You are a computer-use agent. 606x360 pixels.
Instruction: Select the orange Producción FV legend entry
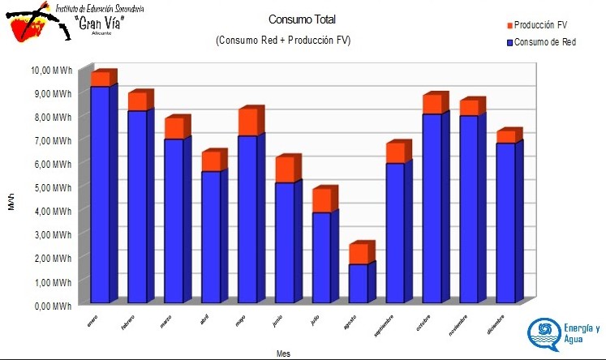coord(539,26)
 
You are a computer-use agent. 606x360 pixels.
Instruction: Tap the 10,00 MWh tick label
coord(50,71)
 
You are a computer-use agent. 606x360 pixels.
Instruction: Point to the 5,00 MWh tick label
coord(52,188)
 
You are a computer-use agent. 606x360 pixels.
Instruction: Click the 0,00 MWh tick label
coord(52,306)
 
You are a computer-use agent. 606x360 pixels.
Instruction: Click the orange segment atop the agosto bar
coord(359,254)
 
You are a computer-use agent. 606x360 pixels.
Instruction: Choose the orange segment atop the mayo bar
coord(247,122)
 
